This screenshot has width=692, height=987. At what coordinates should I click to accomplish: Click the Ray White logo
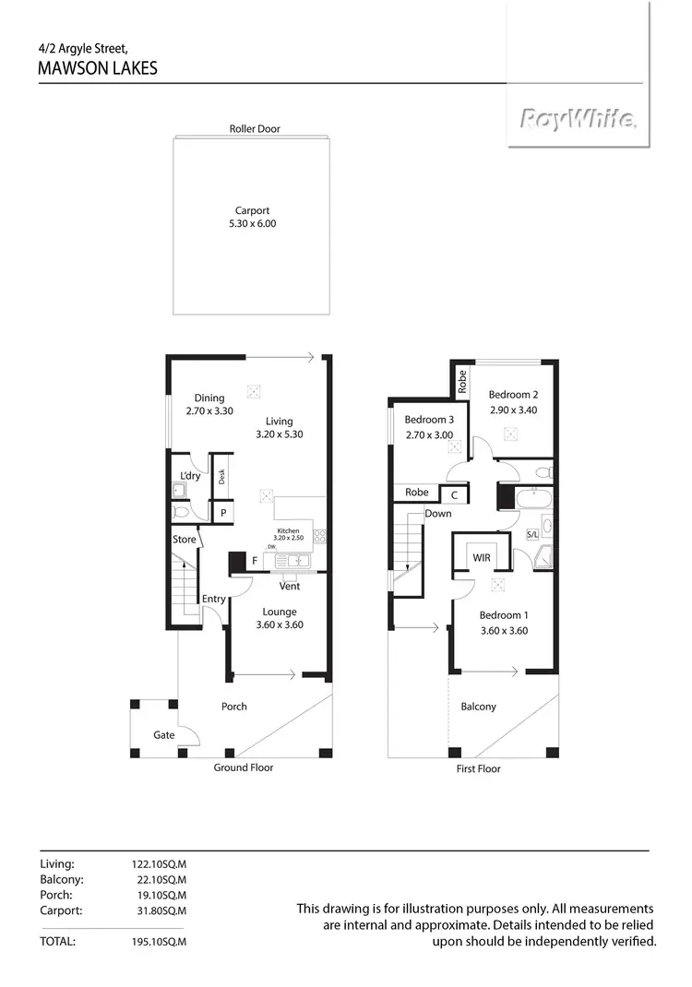[578, 119]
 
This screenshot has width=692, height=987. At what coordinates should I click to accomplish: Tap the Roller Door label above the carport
[255, 129]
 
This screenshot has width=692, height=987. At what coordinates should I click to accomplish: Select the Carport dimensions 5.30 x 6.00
[252, 223]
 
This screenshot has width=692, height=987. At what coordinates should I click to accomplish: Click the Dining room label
[209, 398]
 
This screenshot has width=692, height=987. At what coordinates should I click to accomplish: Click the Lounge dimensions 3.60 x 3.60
[279, 624]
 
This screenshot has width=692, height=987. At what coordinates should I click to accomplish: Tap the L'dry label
[190, 476]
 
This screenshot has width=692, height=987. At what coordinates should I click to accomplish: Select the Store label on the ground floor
[185, 539]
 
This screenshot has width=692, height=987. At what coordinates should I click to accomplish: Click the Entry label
[214, 599]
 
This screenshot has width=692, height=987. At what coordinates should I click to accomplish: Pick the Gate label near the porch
[164, 735]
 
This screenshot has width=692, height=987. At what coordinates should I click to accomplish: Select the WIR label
[482, 558]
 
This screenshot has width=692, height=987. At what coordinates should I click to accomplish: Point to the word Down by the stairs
[438, 513]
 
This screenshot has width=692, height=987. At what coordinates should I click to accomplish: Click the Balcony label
[478, 707]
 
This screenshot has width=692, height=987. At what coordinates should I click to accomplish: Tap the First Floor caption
[478, 767]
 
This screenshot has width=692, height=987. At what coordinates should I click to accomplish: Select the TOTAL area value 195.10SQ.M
[160, 942]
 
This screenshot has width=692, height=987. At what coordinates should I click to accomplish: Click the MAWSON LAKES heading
[98, 68]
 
